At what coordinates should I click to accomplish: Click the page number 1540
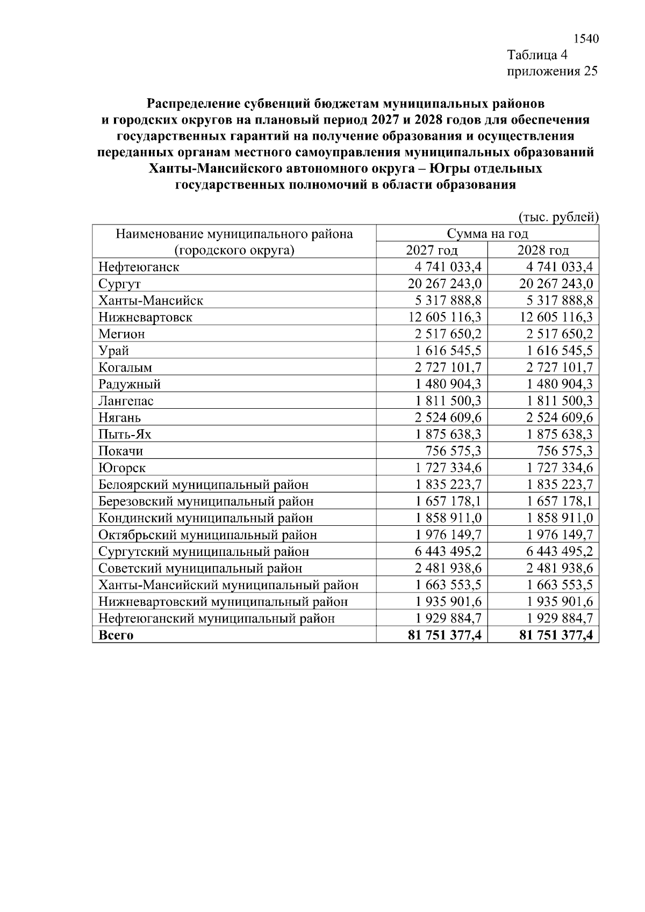point(586,39)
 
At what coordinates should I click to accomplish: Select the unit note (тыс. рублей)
point(558,217)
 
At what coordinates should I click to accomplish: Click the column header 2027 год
point(432,250)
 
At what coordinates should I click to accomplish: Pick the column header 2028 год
point(543,250)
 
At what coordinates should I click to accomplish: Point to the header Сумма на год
point(487,234)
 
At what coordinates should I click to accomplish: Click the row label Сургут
point(119,284)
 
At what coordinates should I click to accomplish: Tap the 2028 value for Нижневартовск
point(556,317)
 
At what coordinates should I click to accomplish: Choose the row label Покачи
point(120,451)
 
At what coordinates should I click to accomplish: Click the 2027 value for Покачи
point(453,451)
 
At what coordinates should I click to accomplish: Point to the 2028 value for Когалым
point(560,367)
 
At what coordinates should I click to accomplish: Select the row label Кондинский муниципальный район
point(205,518)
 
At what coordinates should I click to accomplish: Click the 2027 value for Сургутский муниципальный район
point(448,552)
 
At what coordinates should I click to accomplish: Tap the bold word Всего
point(116,635)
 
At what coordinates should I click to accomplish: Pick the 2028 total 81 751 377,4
point(556,635)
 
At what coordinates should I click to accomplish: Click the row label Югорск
point(122,468)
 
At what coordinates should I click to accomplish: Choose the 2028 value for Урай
point(560,351)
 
